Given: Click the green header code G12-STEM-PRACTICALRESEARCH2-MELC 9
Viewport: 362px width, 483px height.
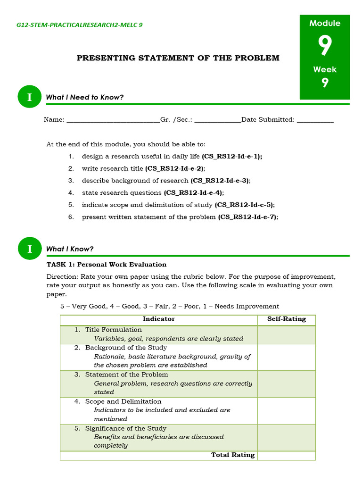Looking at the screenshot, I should pyautogui.click(x=79, y=25).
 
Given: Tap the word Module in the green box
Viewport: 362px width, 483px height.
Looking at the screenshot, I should pyautogui.click(x=325, y=23).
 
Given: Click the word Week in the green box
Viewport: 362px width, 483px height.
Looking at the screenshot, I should pyautogui.click(x=325, y=69).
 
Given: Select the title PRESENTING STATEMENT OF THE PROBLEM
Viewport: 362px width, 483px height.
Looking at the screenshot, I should pyautogui.click(x=178, y=58).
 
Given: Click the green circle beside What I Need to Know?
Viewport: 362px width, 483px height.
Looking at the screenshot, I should pyautogui.click(x=30, y=97).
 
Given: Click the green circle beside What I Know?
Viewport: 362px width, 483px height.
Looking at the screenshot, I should pyautogui.click(x=30, y=249).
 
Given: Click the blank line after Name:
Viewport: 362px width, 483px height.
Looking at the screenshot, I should pyautogui.click(x=113, y=120).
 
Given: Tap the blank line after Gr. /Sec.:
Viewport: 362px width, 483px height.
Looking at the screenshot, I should pyautogui.click(x=217, y=120).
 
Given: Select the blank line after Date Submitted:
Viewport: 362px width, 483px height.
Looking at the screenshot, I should pyautogui.click(x=315, y=120).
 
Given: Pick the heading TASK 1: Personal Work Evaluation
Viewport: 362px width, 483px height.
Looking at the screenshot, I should pyautogui.click(x=107, y=265).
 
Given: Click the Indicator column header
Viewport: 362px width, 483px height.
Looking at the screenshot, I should pyautogui.click(x=159, y=319).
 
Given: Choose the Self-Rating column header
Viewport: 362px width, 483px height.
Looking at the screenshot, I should pyautogui.click(x=287, y=319).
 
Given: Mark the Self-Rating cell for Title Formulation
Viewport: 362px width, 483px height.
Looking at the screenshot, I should pyautogui.click(x=287, y=334).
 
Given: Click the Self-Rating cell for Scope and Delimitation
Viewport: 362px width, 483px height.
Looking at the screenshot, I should pyautogui.click(x=287, y=410).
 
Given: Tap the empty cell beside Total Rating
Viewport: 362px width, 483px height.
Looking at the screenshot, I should pyautogui.click(x=287, y=455).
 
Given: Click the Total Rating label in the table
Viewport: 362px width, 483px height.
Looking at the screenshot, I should pyautogui.click(x=232, y=455).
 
